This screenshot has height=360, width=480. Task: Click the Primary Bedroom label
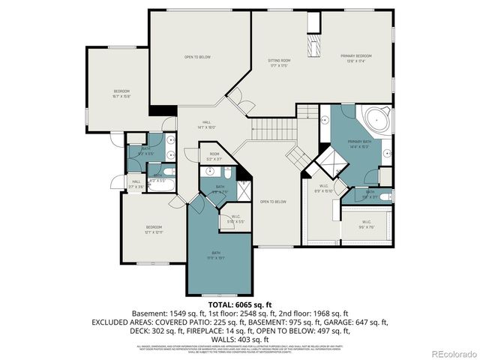355,57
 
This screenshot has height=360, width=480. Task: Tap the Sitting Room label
278,61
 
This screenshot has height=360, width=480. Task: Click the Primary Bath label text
358,142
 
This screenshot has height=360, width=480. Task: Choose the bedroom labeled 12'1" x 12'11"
153,229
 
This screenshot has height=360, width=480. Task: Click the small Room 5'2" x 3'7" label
214,157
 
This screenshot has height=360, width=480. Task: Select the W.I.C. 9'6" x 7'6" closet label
366,223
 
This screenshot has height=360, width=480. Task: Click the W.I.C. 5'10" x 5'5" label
235,220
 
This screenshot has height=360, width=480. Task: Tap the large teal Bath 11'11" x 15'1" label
216,255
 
